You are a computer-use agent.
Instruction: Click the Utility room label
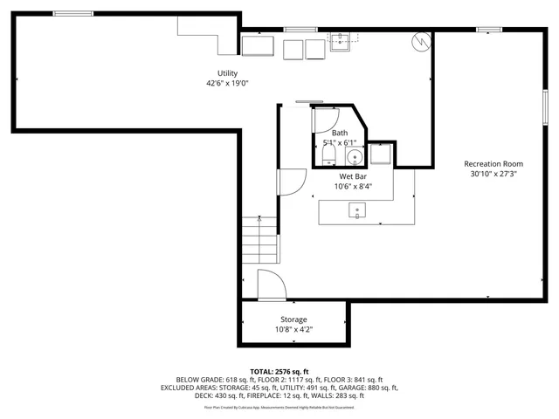pyautogui.click(x=227, y=73)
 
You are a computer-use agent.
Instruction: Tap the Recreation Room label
pyautogui.click(x=493, y=164)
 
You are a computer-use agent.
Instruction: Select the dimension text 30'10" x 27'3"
pyautogui.click(x=493, y=174)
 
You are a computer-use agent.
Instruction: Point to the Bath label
pyautogui.click(x=339, y=133)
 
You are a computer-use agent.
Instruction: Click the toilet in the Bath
pyautogui.click(x=328, y=155)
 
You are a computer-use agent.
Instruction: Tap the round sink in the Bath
pyautogui.click(x=355, y=157)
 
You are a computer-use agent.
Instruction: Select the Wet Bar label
pyautogui.click(x=352, y=176)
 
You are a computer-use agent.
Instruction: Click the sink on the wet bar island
pyautogui.click(x=357, y=209)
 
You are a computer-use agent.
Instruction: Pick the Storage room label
pyautogui.click(x=293, y=319)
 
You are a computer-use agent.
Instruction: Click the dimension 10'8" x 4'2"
pyautogui.click(x=293, y=329)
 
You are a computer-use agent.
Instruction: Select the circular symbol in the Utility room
pyautogui.click(x=421, y=41)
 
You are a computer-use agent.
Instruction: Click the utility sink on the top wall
pyautogui.click(x=340, y=38)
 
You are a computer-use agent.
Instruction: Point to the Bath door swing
pyautogui.click(x=325, y=120)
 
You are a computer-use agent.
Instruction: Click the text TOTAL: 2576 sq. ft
pyautogui.click(x=279, y=371)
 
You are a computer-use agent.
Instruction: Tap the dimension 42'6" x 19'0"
pyautogui.click(x=227, y=84)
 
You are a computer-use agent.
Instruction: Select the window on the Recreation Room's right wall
pyautogui.click(x=547, y=110)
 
